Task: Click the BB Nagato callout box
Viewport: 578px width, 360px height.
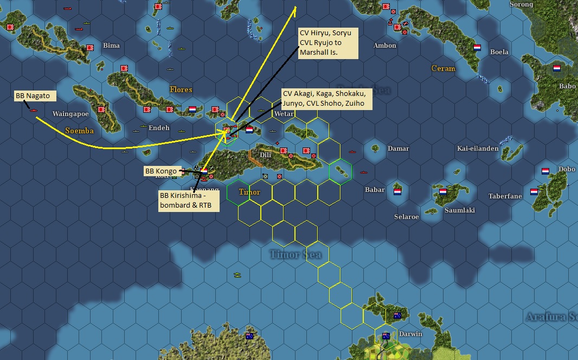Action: coord(33,96)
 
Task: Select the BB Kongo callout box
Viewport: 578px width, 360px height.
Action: coord(160,171)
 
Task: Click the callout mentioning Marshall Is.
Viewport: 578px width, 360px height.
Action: coord(328,43)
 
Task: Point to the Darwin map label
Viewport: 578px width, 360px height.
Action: coord(410,334)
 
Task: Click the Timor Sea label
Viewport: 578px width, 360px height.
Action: coord(296,254)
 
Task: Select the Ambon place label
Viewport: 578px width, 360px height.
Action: coord(384,46)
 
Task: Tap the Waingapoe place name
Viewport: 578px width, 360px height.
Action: coord(70,114)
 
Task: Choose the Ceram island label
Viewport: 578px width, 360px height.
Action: coord(443,68)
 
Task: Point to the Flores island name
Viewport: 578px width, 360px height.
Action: coord(181,89)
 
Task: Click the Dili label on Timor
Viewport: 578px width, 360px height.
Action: coord(265,155)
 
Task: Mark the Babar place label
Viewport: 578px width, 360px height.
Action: coord(375,190)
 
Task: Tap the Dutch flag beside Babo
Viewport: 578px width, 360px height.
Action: coord(557,69)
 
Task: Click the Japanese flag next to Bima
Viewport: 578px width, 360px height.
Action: coord(91,47)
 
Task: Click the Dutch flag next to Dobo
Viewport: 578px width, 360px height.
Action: coord(545,171)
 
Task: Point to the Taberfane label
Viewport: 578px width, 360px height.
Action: coord(504,196)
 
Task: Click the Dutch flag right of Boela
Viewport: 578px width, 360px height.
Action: coord(478,48)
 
